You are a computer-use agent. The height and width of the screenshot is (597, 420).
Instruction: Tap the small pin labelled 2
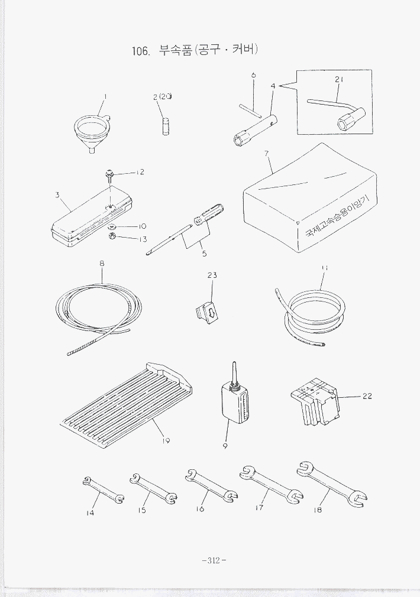tap(166, 126)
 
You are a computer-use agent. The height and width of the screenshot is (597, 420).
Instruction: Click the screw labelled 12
tap(109, 175)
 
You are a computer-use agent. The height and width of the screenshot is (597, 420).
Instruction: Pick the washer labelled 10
tap(112, 228)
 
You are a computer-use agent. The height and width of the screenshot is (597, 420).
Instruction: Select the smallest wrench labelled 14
tap(104, 489)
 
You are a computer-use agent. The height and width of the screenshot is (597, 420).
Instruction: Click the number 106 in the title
tap(140, 51)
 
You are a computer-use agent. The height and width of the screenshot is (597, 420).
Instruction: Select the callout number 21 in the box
tap(339, 80)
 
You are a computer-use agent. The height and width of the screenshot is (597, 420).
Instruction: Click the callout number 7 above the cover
tap(266, 154)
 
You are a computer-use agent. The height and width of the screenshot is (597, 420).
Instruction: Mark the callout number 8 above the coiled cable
tap(102, 264)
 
